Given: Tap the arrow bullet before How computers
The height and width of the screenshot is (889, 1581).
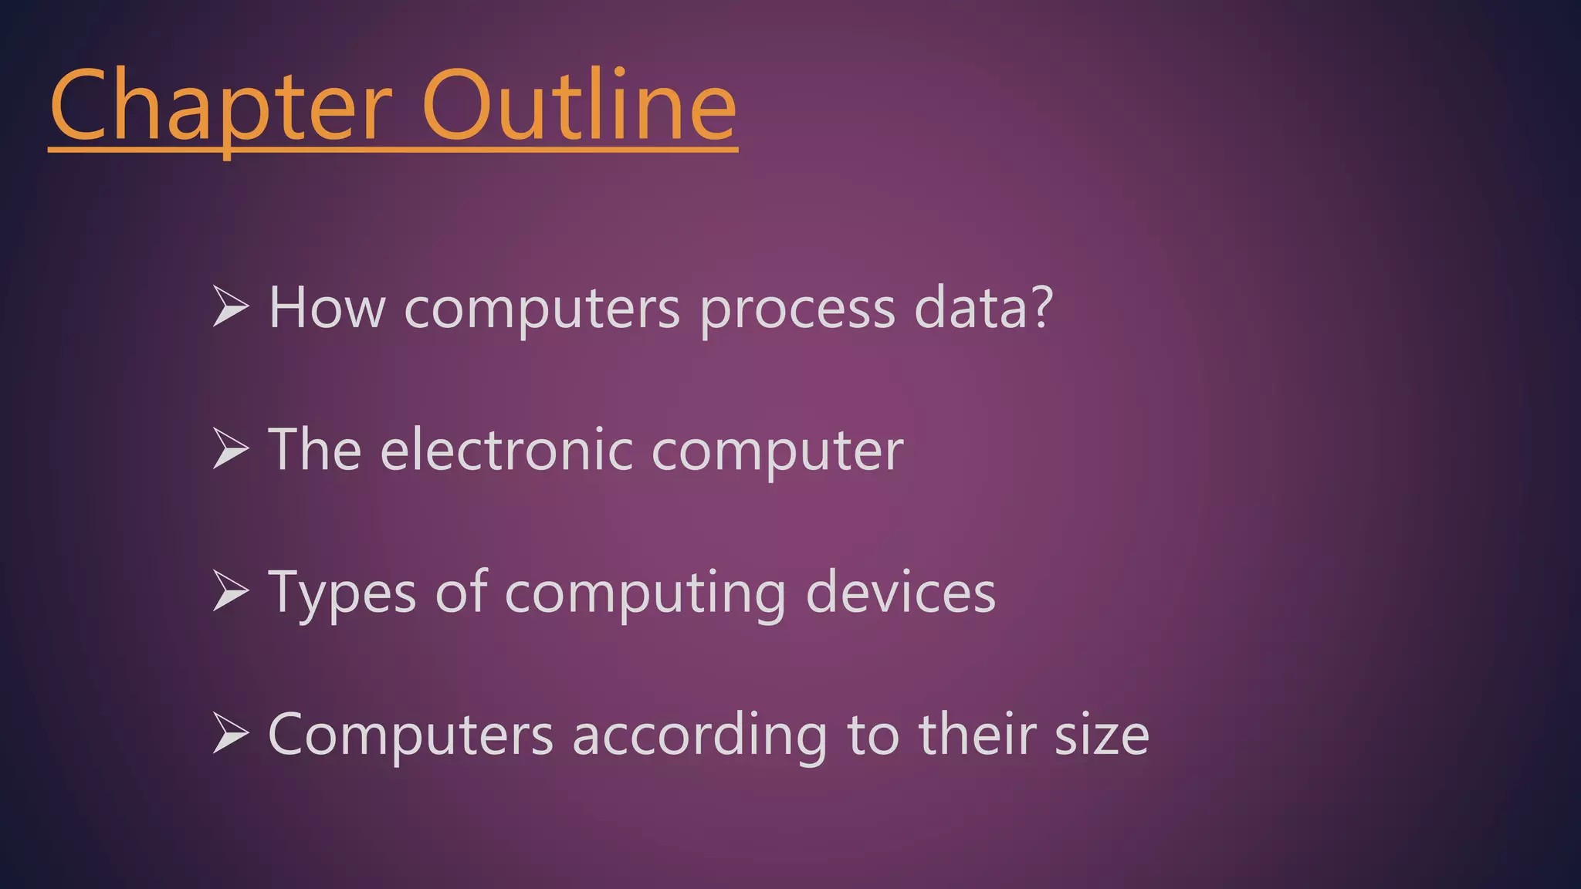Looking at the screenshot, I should tap(230, 306).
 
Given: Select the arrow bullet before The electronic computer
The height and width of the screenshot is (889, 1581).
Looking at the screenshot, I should tap(230, 448).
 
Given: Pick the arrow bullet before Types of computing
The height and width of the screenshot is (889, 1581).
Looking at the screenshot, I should tap(230, 591).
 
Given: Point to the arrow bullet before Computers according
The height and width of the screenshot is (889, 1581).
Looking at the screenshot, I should tap(230, 733).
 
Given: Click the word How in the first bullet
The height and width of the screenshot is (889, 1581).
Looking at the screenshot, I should tap(327, 308).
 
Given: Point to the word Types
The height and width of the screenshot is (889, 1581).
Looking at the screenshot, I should tap(342, 593).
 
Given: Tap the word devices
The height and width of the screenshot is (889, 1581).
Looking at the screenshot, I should tap(900, 593).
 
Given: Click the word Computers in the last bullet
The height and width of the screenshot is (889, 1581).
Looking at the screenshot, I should tap(411, 735).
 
